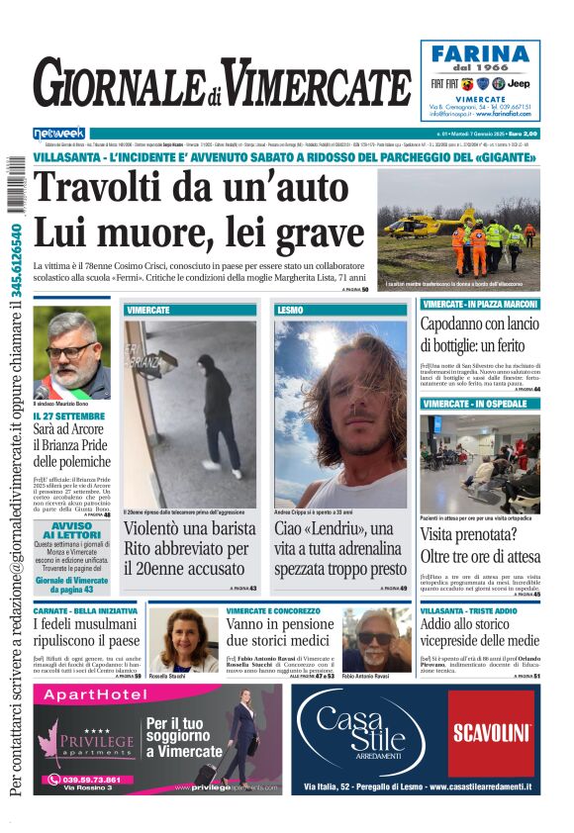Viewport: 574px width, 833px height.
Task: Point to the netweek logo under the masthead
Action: pyautogui.click(x=59, y=133)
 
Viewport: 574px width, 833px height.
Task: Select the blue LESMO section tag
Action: pyautogui.click(x=291, y=310)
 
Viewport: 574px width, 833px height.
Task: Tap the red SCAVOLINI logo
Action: pyautogui.click(x=492, y=732)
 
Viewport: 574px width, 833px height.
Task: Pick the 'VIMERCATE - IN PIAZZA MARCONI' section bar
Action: pyautogui.click(x=480, y=304)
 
